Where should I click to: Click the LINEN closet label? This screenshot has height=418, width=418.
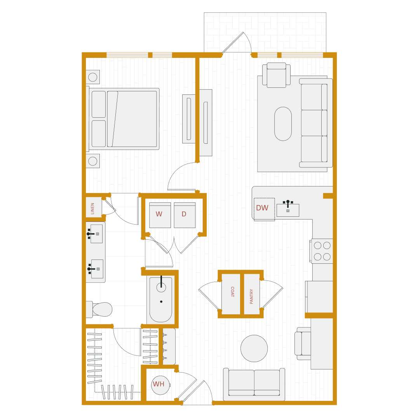tap(93, 208)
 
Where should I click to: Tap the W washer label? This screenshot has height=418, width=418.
tap(159, 214)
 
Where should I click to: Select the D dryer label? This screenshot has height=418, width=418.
tap(184, 214)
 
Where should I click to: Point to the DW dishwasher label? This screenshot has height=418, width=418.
tap(262, 208)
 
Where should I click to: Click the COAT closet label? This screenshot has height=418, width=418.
tap(232, 292)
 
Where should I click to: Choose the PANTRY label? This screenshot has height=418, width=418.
tap(252, 296)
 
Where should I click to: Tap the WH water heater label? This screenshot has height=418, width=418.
tap(158, 385)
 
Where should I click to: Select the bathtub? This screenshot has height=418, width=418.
tap(161, 300)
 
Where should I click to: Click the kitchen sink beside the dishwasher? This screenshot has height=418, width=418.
tap(288, 210)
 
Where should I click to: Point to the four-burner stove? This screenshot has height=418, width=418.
tap(322, 251)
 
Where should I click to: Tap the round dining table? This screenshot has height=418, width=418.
tap(254, 348)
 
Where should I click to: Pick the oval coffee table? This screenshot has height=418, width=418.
tap(283, 124)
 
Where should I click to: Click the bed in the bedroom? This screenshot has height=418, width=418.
tap(124, 119)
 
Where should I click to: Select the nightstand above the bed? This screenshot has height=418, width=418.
tap(92, 77)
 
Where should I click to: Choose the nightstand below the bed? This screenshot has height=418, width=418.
tap(92, 161)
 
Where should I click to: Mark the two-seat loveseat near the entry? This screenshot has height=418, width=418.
tap(254, 384)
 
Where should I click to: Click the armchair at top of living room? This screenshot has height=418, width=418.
tap(276, 76)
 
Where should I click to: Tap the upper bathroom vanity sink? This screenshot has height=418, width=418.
tap(96, 234)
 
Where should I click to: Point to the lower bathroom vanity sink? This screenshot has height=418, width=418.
tap(97, 269)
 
